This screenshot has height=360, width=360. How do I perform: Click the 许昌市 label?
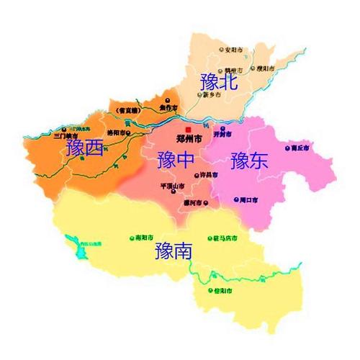pyautogui.click(x=207, y=176)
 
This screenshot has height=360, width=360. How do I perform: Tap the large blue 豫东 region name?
pyautogui.click(x=249, y=160)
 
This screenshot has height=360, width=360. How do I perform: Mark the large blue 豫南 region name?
pyautogui.click(x=174, y=251)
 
